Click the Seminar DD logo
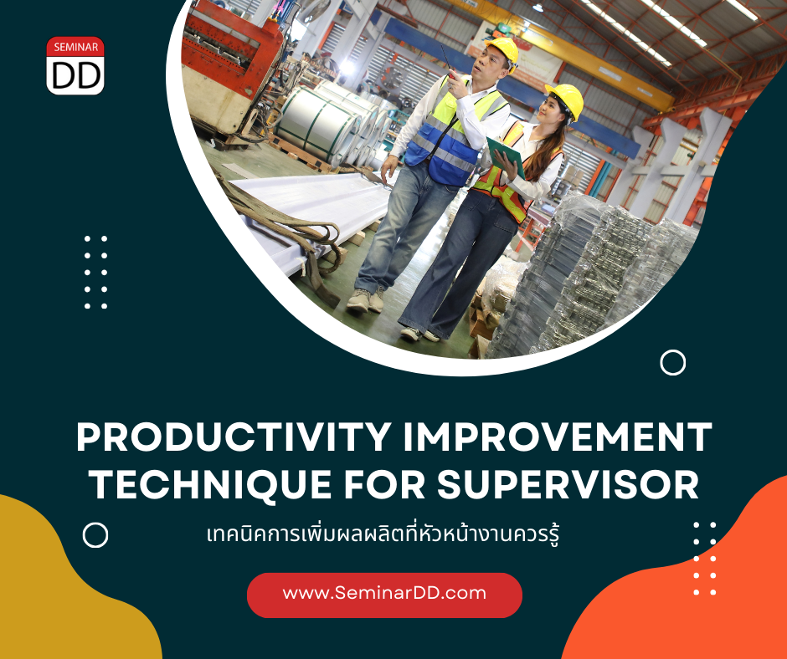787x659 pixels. [x=75, y=66]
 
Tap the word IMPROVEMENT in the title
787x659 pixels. [x=558, y=437]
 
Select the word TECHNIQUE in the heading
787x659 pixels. [x=210, y=484]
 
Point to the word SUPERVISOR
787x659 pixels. [x=568, y=484]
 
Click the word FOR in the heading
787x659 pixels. [x=384, y=484]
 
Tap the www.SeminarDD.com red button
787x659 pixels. [x=384, y=595]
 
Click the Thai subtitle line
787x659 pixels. [x=383, y=534]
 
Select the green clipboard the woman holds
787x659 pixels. [x=505, y=156]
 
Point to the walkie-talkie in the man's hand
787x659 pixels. [x=448, y=64]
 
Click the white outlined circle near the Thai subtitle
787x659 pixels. [x=95, y=534]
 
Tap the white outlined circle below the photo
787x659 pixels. [x=672, y=363]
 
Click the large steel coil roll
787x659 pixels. [x=317, y=124]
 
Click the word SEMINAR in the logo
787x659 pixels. [x=76, y=48]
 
